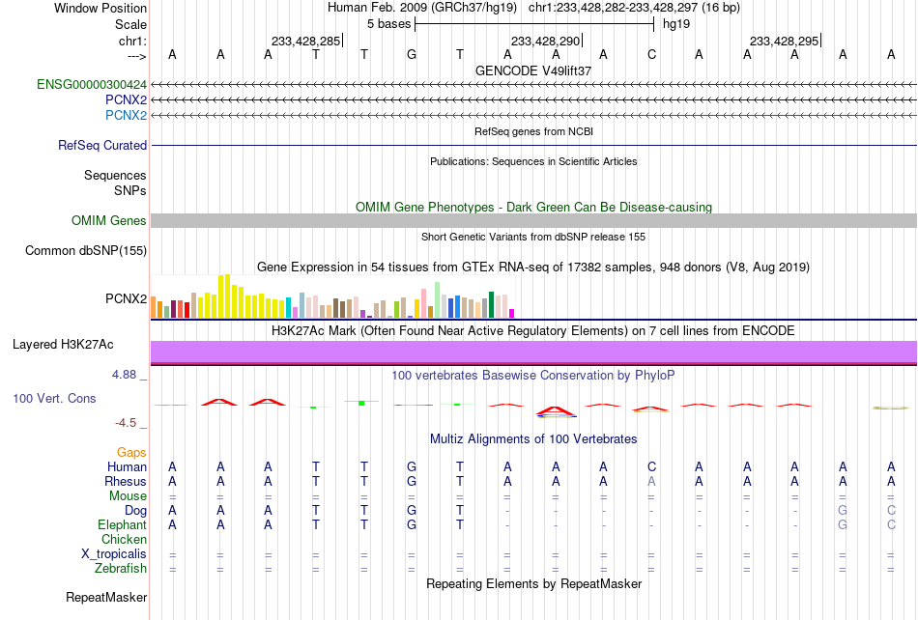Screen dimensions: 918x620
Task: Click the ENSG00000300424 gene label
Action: [92, 85]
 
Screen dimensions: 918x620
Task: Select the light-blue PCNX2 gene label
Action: [126, 115]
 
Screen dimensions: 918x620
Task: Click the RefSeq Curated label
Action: [102, 145]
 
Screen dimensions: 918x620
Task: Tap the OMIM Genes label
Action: [109, 220]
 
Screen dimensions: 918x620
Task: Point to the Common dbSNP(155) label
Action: [86, 250]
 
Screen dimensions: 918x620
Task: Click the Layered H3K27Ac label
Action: [63, 345]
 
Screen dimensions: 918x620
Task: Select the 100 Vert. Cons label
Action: [54, 398]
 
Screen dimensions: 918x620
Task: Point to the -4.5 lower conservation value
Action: [126, 422]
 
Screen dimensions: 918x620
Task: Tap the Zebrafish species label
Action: [121, 568]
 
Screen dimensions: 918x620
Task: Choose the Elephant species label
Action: [123, 524]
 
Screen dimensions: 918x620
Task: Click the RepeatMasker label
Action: [106, 597]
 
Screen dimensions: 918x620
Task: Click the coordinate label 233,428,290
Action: [545, 41]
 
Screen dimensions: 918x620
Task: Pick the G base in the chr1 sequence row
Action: [412, 54]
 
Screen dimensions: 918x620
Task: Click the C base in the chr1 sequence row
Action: [651, 54]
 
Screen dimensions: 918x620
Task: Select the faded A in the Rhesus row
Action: [651, 481]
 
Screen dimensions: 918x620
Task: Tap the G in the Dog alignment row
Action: [412, 510]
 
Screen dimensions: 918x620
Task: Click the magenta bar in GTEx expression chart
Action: [512, 314]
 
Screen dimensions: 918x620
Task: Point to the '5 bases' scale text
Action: [389, 24]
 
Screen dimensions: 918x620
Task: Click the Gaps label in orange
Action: [131, 452]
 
